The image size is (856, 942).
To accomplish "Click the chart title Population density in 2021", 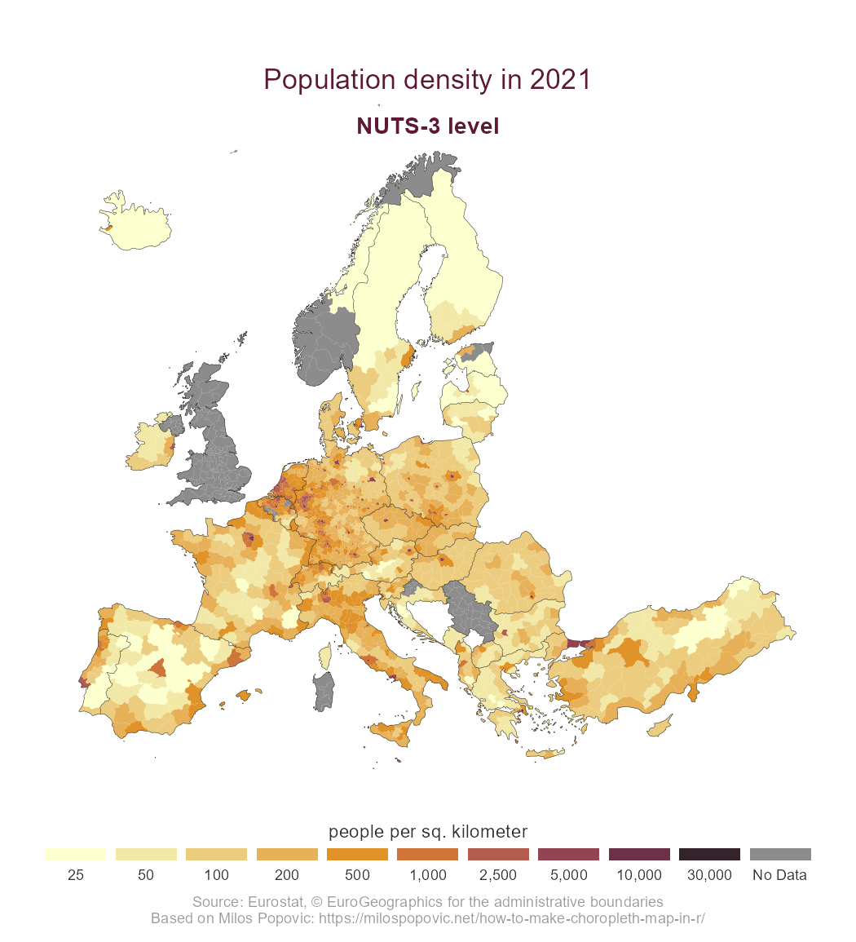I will pos(427,80).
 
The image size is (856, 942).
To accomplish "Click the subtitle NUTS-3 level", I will pos(427,126).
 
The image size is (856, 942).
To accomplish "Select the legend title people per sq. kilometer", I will pos(427,832).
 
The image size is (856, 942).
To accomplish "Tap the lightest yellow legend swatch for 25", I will pos(75,854).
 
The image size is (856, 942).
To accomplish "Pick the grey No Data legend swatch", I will pos(779,854).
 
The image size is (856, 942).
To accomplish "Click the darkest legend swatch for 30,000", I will pos(709,854).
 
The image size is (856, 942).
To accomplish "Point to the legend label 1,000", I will pos(427,876).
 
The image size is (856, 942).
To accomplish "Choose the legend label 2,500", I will pos(498,876).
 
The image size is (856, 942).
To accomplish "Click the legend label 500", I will pos(357,876).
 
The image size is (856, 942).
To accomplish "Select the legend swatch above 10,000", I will pos(639,854).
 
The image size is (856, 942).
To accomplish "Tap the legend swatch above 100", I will pos(216,854).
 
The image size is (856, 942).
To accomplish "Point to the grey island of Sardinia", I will pos(324,690).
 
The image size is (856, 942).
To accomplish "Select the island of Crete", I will pos(545,754).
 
